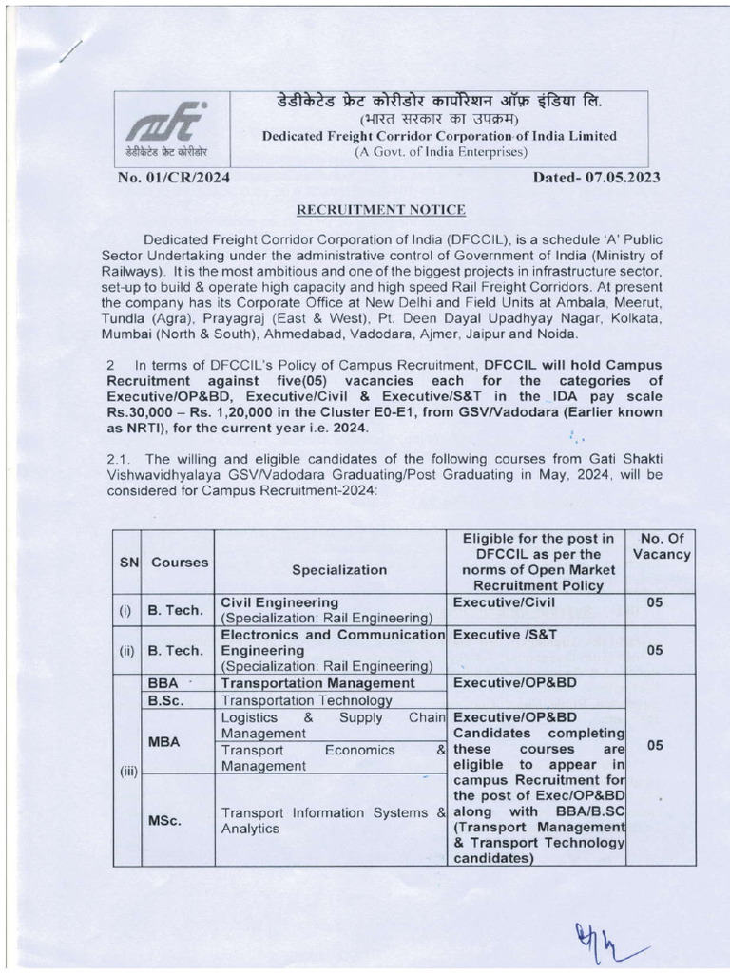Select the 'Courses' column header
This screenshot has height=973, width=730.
click(180, 562)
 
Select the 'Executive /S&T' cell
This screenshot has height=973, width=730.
click(492, 633)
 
